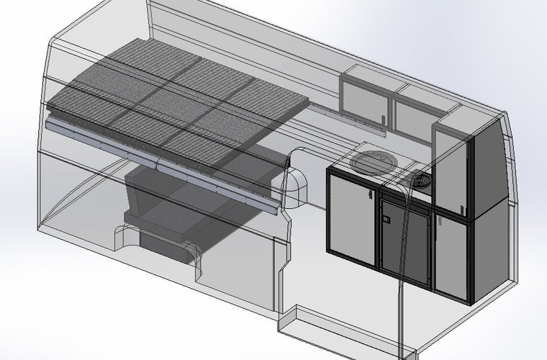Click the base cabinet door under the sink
(x=351, y=214)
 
